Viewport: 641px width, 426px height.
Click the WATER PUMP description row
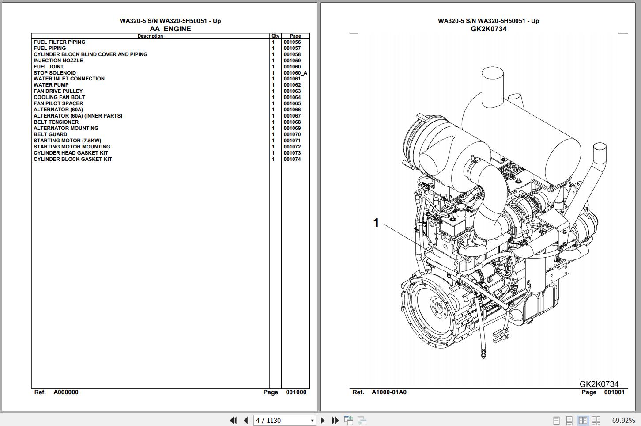pyautogui.click(x=51, y=85)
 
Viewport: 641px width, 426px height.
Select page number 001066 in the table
pyautogui.click(x=292, y=110)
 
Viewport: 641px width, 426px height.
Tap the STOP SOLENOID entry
pyautogui.click(x=55, y=73)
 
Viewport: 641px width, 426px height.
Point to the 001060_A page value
pyautogui.click(x=295, y=73)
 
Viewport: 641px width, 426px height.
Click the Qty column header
pyautogui.click(x=275, y=36)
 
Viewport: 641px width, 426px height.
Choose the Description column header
pyautogui.click(x=150, y=36)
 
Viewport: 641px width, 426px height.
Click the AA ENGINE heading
pyautogui.click(x=170, y=29)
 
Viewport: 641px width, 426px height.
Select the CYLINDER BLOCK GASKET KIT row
pyautogui.click(x=73, y=159)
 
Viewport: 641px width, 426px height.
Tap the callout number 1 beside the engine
pyautogui.click(x=376, y=223)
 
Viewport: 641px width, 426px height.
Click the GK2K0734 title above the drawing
pyautogui.click(x=488, y=29)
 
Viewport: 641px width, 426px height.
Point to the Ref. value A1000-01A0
pyautogui.click(x=389, y=392)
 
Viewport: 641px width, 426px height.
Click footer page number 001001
pyautogui.click(x=614, y=392)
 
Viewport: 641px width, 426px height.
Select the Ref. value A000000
pyautogui.click(x=66, y=392)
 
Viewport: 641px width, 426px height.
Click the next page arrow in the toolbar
pyautogui.click(x=323, y=420)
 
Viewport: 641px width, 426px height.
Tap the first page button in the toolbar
pyautogui.click(x=233, y=420)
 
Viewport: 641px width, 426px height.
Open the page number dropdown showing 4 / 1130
pyautogui.click(x=312, y=420)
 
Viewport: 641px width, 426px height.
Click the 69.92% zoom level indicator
pyautogui.click(x=623, y=420)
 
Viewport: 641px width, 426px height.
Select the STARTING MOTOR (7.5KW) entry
pyautogui.click(x=67, y=141)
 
